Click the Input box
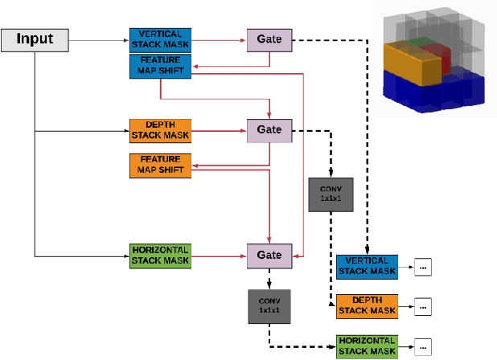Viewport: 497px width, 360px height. (x=35, y=39)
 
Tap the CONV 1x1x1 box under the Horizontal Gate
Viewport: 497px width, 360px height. (x=269, y=305)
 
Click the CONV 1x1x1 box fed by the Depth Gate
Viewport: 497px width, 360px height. (x=330, y=194)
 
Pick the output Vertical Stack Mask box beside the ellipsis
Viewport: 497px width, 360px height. (x=367, y=266)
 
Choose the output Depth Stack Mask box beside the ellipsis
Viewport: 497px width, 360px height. (x=367, y=305)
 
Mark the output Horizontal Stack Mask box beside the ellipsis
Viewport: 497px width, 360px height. (x=367, y=346)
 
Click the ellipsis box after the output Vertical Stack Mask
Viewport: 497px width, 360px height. (x=423, y=267)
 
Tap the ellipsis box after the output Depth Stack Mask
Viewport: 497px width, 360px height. (x=423, y=306)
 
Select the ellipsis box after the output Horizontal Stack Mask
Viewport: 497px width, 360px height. (x=423, y=346)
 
